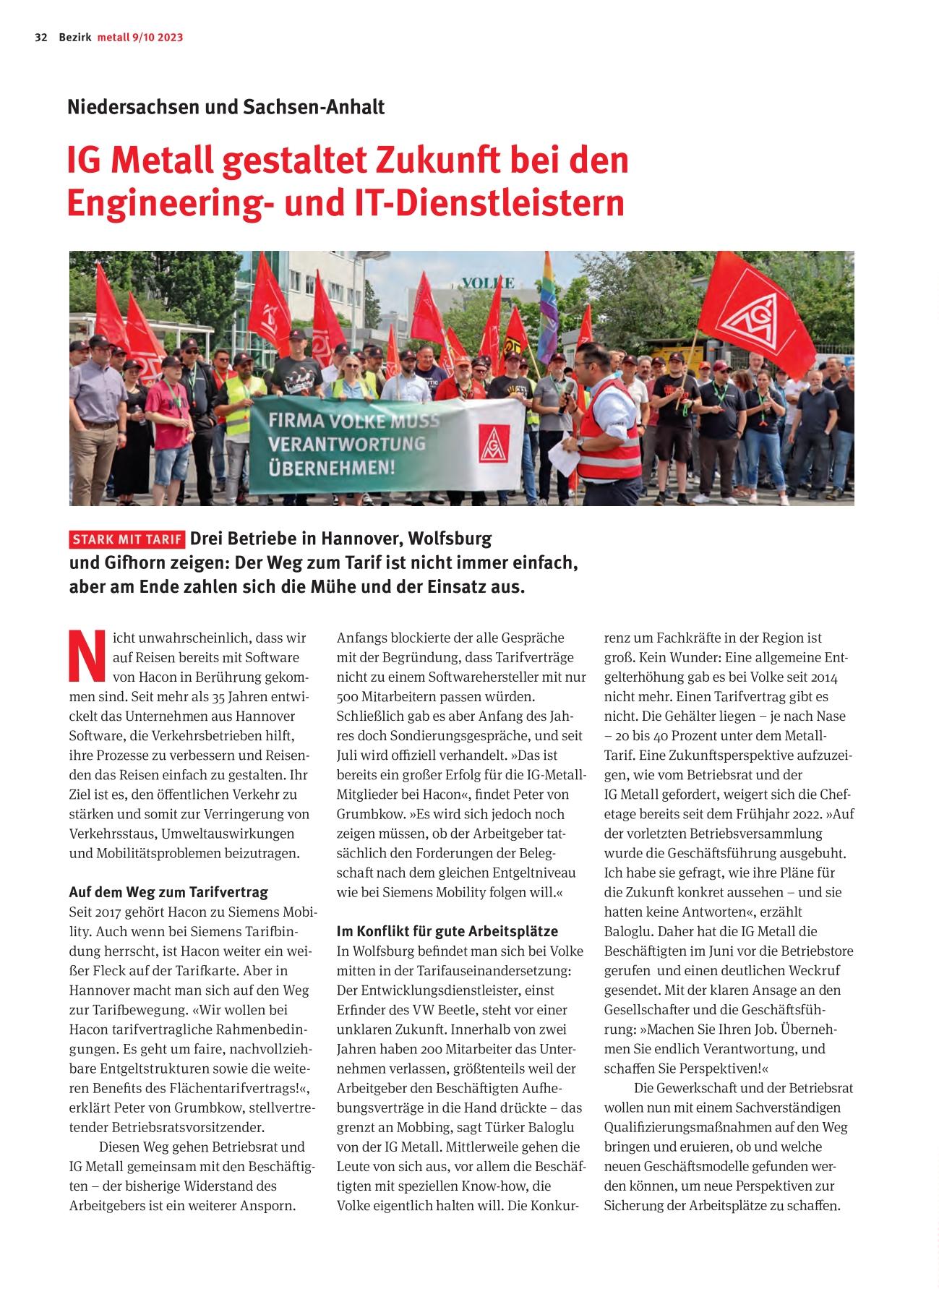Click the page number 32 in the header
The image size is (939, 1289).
40,38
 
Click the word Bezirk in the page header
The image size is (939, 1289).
75,38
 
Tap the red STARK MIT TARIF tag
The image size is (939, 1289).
127,540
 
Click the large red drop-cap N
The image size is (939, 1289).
87,656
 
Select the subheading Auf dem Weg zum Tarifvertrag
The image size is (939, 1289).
168,891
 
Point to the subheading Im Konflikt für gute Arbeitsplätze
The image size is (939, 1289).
447,930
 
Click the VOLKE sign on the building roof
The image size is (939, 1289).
488,283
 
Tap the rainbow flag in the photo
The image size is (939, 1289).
549,307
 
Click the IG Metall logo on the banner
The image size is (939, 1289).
494,442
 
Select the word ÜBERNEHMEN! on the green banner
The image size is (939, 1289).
332,467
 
